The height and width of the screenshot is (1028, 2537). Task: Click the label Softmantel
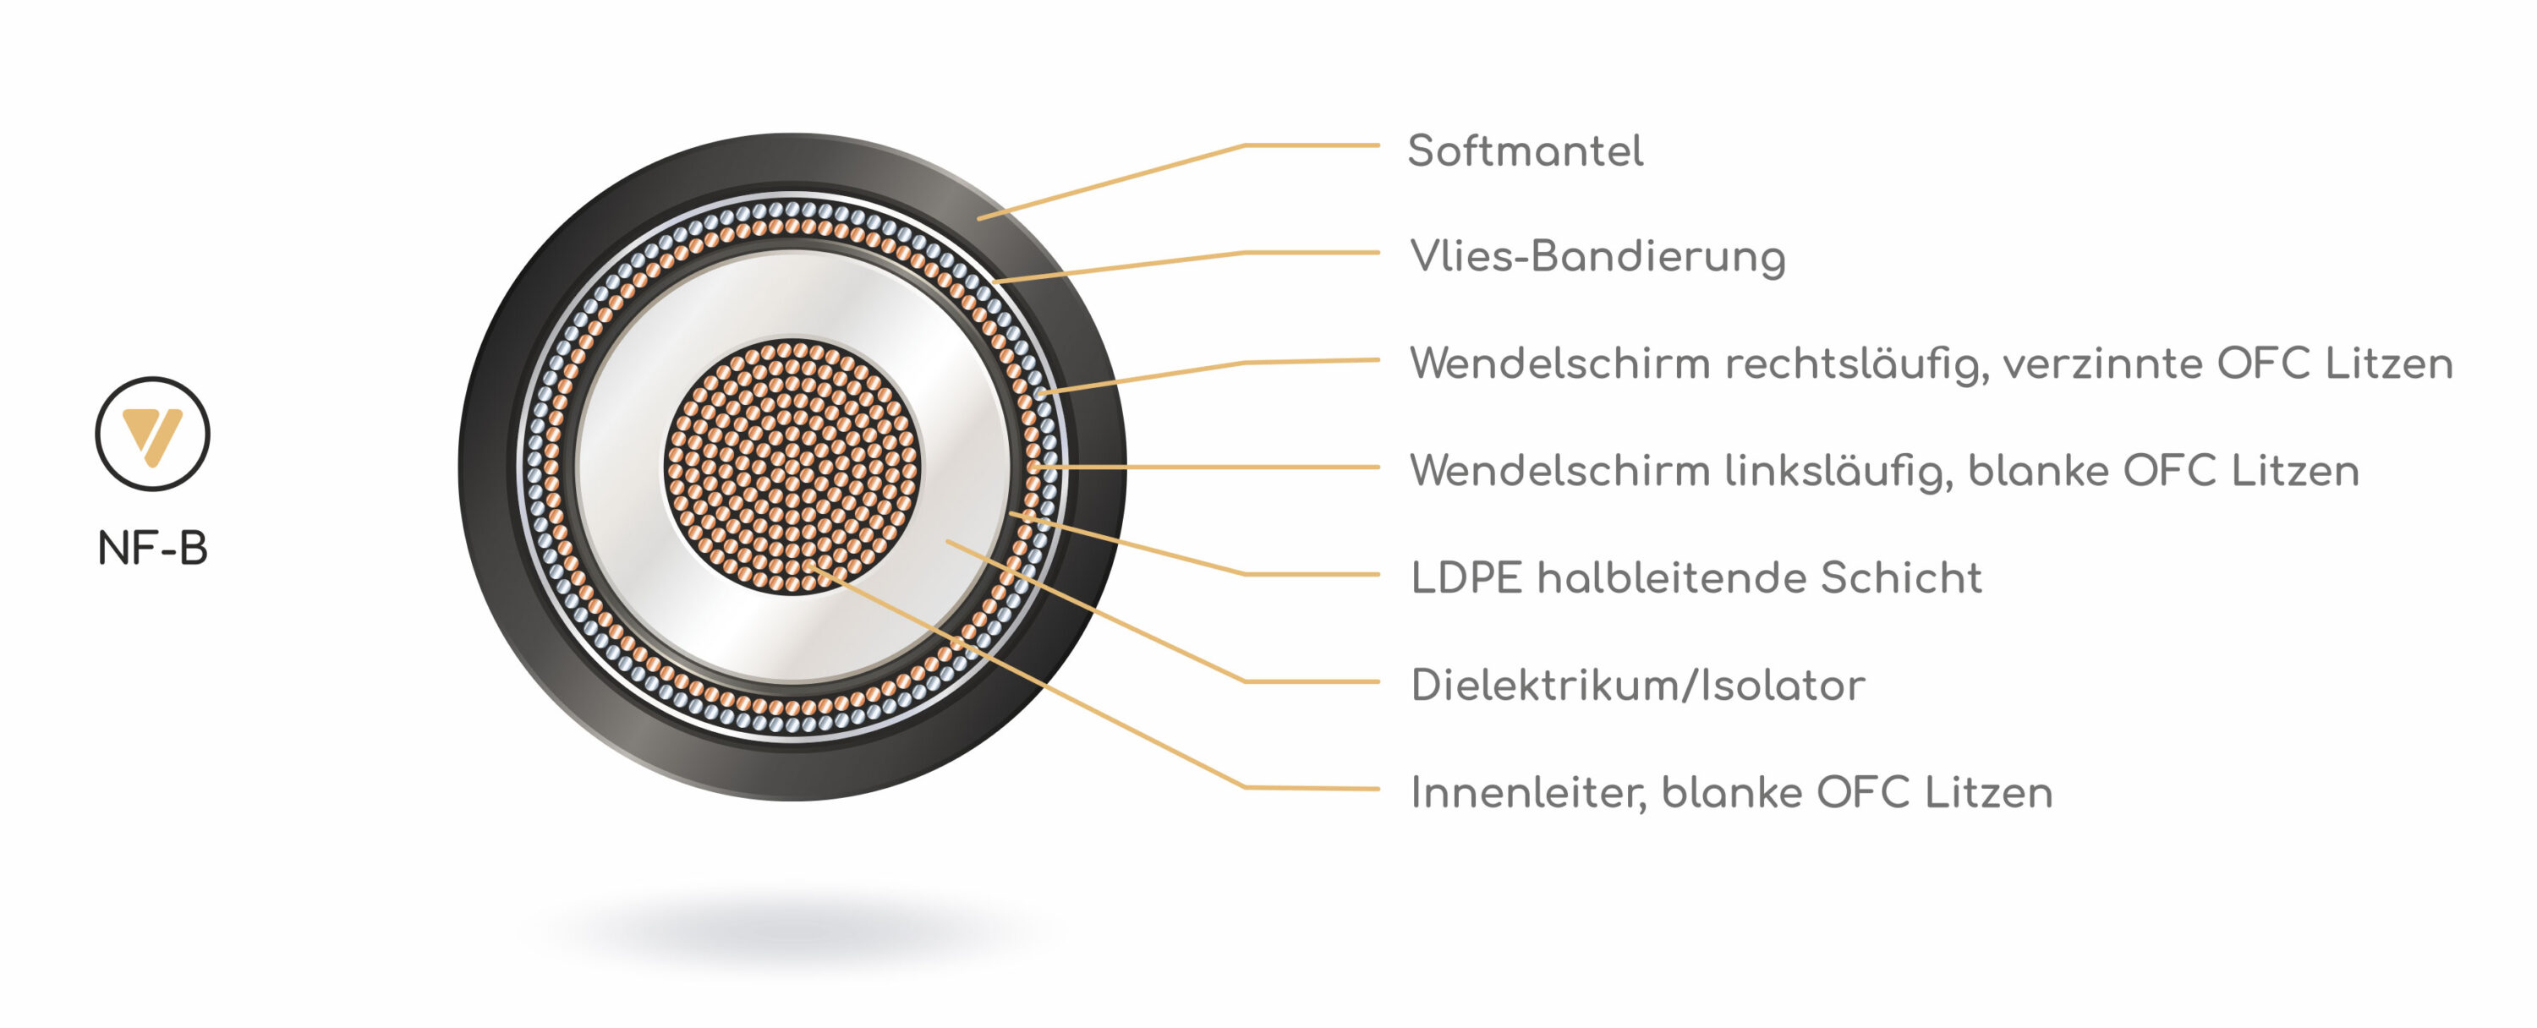1525,151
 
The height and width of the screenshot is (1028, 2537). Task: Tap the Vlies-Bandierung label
1597,257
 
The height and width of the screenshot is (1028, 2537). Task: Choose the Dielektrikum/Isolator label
1637,686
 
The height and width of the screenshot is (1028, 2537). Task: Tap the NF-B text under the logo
153,549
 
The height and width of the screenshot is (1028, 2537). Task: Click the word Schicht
1901,578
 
